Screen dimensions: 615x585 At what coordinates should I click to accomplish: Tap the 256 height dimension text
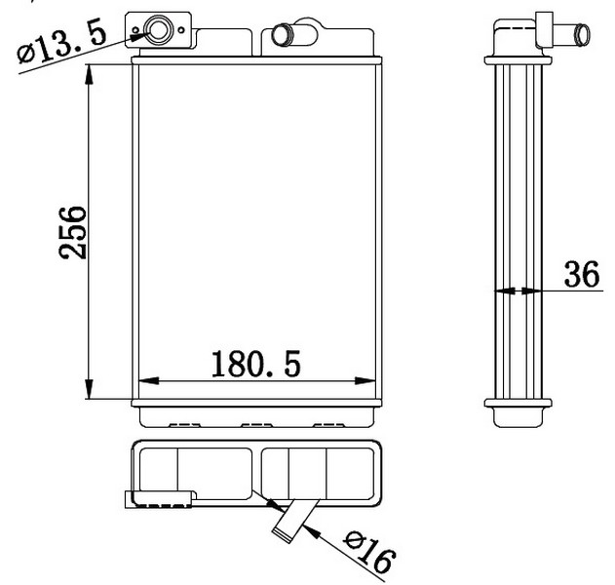[72, 233]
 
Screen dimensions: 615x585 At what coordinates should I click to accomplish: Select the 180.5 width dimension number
[256, 364]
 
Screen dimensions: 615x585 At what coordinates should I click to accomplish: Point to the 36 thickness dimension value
[582, 273]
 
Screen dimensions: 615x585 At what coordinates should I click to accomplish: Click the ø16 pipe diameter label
[369, 553]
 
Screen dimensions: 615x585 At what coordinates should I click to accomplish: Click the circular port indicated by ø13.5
[158, 30]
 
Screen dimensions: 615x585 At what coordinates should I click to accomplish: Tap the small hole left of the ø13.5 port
[135, 30]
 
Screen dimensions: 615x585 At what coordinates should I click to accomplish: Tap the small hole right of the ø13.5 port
[181, 30]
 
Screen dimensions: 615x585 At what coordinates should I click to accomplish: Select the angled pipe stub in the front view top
[284, 34]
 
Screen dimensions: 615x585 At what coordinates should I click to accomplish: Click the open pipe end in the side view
[582, 34]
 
